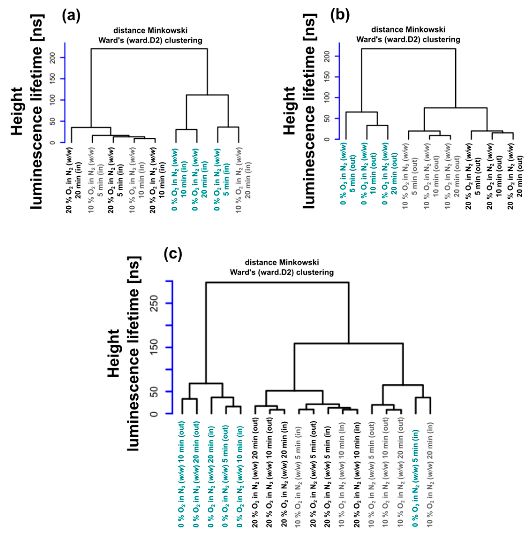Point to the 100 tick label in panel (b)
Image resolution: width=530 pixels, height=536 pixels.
(x=327, y=98)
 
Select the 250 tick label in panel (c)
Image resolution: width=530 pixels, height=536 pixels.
(x=154, y=303)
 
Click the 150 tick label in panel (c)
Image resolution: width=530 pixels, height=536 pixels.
(x=154, y=347)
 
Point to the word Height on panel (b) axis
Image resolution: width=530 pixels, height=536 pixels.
(x=290, y=110)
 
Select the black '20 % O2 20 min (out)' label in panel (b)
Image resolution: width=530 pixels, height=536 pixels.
(x=515, y=176)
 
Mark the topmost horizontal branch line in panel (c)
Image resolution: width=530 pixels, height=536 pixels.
(x=277, y=283)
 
